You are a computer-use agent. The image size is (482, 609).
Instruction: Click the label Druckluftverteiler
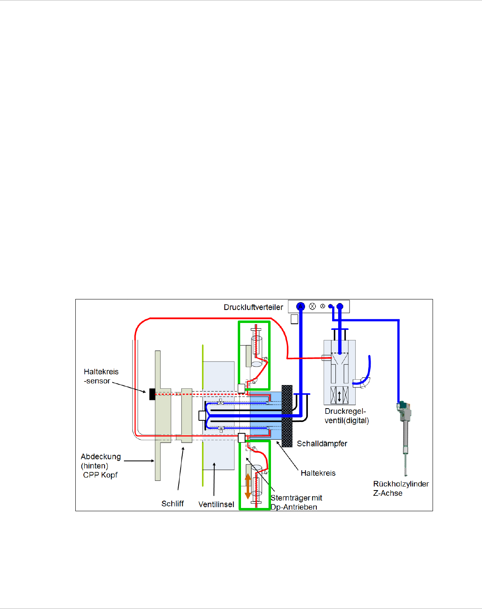point(253,307)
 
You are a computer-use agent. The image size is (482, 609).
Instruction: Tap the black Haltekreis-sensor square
point(152,394)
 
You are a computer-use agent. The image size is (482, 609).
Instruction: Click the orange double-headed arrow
point(248,486)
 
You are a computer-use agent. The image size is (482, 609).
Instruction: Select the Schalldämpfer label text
point(322,443)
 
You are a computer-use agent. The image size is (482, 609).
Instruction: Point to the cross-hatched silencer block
point(287,416)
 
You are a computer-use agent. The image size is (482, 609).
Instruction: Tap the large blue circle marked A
point(300,306)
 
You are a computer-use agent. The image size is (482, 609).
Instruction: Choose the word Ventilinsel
point(216,504)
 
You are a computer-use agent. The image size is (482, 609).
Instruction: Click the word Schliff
point(173,504)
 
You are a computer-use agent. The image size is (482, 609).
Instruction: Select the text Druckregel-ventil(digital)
point(347,416)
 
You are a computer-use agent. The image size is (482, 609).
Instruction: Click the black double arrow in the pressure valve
point(339,396)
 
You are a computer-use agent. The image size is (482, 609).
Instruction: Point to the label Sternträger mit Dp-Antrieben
point(296,502)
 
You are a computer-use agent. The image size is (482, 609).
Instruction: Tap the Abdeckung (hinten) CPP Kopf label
point(100,465)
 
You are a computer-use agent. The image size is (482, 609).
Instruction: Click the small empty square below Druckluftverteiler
point(294,319)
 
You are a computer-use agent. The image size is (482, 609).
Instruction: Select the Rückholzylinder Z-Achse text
point(401,488)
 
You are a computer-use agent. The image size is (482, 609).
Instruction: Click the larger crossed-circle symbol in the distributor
point(312,306)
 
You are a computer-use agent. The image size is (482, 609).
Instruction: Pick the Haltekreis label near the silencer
point(318,473)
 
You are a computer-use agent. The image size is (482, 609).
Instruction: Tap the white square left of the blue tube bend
point(202,415)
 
